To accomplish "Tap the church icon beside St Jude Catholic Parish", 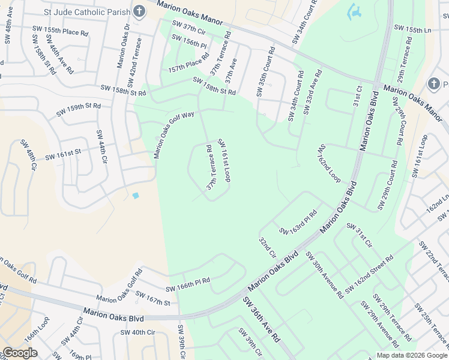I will point(139,11).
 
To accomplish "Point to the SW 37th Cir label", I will point(189,28).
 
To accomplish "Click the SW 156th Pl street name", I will point(188,41).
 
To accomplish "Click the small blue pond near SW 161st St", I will point(136,196).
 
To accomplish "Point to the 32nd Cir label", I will point(267,247).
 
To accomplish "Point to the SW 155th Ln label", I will point(412,28).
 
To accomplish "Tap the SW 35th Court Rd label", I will point(265,71).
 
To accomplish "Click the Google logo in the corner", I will point(20,353).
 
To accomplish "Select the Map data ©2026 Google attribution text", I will point(412,355).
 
